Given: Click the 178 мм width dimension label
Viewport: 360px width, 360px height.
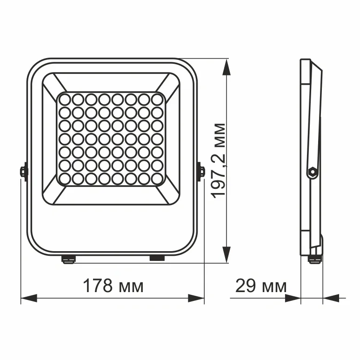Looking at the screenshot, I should pyautogui.click(x=113, y=286).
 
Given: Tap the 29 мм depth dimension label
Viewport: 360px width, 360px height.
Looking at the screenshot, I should pyautogui.click(x=260, y=286).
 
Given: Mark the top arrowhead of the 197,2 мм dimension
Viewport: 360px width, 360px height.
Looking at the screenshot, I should pyautogui.click(x=226, y=67).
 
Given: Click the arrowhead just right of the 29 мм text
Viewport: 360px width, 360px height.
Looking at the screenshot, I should pyautogui.click(x=293, y=298).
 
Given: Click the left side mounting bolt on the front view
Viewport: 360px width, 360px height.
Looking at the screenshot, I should pyautogui.click(x=23, y=171).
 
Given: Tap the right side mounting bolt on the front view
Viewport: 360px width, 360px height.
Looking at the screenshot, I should pyautogui.click(x=201, y=171).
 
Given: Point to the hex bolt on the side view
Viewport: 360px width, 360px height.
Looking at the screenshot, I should pyautogui.click(x=312, y=173).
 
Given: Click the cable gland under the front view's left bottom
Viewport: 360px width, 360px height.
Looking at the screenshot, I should pyautogui.click(x=69, y=259).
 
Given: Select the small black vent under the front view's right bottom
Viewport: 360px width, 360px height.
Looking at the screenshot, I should pyautogui.click(x=157, y=257).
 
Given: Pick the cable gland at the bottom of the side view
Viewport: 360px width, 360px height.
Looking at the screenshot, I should pyautogui.click(x=314, y=258).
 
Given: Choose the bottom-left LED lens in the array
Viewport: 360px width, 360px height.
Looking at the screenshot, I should pyautogui.click(x=64, y=178).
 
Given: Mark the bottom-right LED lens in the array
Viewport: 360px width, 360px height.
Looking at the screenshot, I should pyautogui.click(x=157, y=178).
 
